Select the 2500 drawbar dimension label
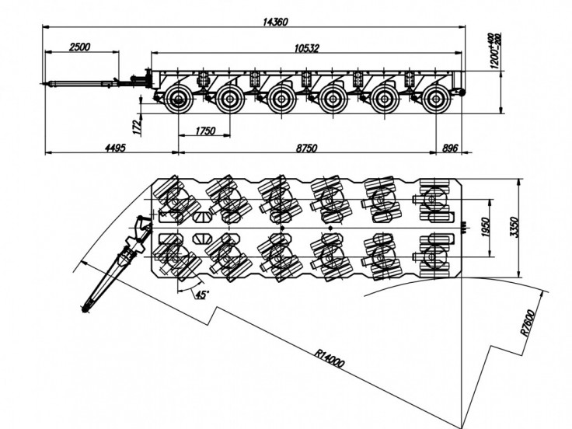80,47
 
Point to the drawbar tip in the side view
46,84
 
